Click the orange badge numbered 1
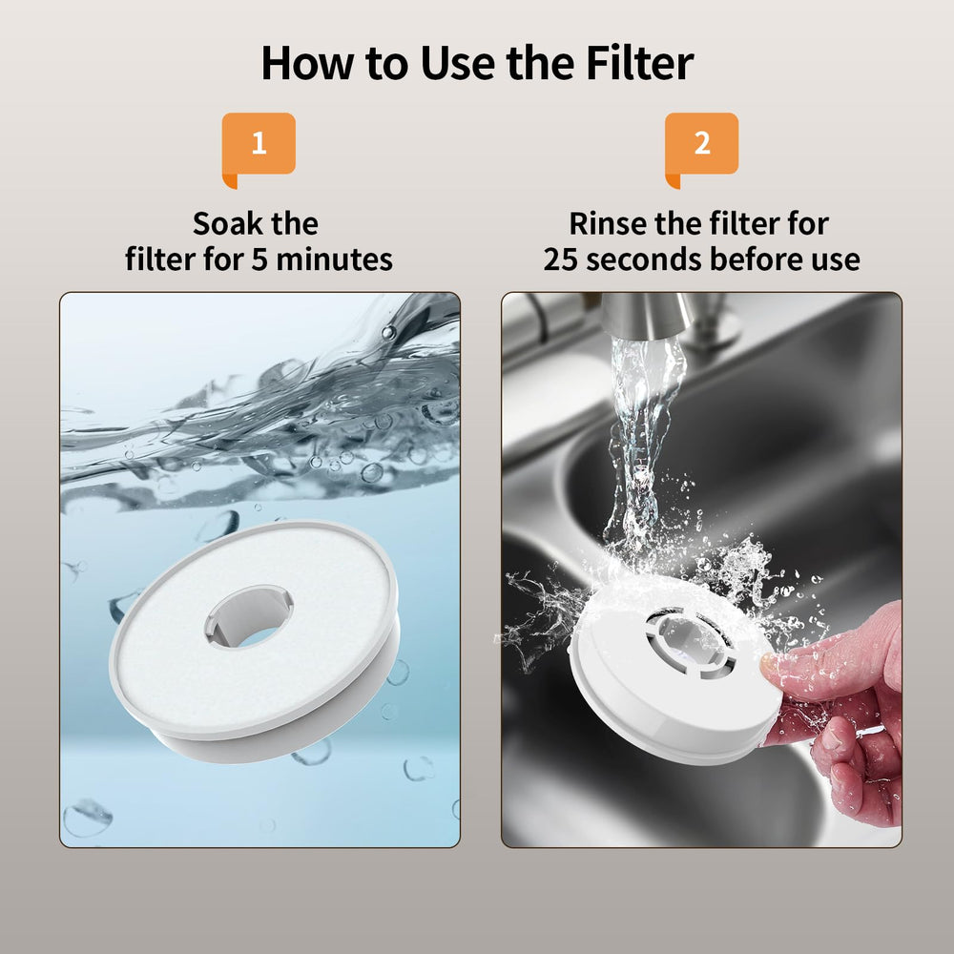click(x=259, y=146)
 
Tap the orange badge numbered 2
click(x=701, y=146)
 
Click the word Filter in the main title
click(x=639, y=63)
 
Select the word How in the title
click(x=307, y=63)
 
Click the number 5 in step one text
click(x=259, y=259)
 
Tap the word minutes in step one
click(x=334, y=259)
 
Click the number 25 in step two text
click(x=560, y=259)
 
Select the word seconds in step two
click(x=644, y=259)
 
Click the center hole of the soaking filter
click(x=249, y=615)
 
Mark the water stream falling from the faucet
click(x=641, y=450)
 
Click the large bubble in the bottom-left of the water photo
click(x=88, y=818)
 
